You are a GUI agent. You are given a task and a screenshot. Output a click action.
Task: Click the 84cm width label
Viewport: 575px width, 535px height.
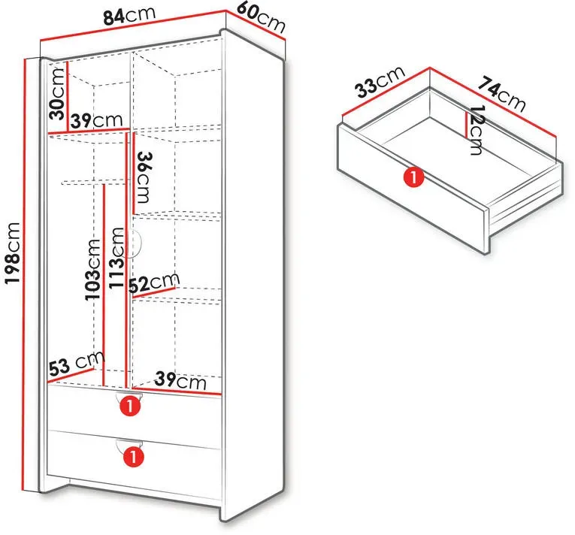pos(129,15)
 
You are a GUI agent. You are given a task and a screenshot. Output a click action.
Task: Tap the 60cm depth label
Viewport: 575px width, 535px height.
pos(261,17)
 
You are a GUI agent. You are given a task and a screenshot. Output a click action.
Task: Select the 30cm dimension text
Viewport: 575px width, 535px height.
pos(57,94)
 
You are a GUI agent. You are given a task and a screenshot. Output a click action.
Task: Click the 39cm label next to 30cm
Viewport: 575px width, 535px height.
pos(96,120)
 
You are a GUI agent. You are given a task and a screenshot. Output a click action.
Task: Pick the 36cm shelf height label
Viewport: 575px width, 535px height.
pos(143,177)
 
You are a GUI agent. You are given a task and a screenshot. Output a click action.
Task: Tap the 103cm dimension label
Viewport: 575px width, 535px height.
pos(92,270)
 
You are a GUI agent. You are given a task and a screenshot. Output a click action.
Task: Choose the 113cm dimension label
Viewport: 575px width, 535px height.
pos(117,258)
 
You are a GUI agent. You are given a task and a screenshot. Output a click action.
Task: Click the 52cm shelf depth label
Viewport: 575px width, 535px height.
pos(154,283)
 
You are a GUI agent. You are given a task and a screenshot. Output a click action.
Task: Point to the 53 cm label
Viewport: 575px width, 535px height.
pos(77,364)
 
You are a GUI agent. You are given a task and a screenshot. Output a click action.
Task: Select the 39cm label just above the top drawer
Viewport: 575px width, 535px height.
pos(180,380)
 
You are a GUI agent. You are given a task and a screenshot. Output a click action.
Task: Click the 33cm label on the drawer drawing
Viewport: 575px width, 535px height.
pos(381,82)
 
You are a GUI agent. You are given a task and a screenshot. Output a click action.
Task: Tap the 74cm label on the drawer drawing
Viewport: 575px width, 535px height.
pos(501,93)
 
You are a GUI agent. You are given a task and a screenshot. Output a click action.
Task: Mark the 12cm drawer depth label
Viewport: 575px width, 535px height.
pos(477,130)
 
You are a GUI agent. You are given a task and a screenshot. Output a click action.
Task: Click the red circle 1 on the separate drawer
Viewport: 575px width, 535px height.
pos(413,177)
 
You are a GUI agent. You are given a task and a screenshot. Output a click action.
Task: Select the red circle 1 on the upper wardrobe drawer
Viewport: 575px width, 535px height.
pos(130,406)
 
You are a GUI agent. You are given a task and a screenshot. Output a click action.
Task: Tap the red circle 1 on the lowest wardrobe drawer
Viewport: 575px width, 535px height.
pos(133,457)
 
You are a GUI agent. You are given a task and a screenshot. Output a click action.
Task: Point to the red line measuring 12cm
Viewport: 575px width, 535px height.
pos(466,125)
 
